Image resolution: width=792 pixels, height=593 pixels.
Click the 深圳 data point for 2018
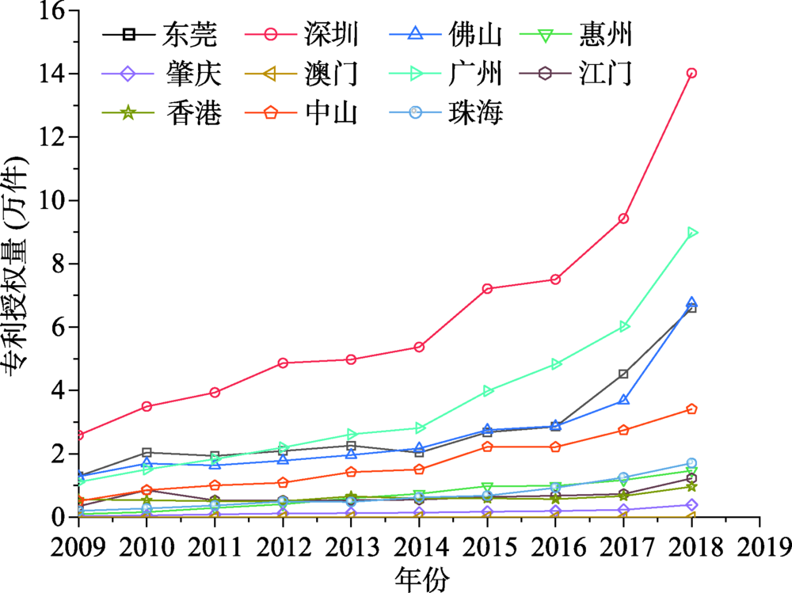click(691, 73)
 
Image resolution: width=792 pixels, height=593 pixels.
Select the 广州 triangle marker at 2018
click(692, 232)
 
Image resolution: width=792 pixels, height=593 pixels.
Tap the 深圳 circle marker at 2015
click(487, 288)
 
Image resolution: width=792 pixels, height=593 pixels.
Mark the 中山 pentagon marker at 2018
click(691, 409)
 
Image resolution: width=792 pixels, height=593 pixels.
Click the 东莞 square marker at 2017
click(623, 374)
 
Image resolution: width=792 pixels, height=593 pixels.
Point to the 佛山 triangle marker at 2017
click(623, 400)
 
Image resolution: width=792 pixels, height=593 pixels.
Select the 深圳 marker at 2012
click(283, 363)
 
